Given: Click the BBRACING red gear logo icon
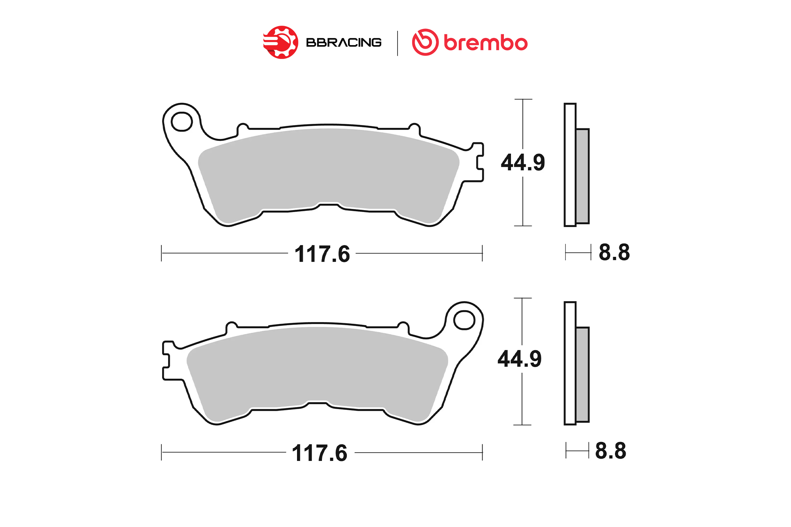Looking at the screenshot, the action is [x=280, y=42].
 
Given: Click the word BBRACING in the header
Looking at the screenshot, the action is [x=344, y=42].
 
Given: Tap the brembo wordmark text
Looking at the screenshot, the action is [x=486, y=43].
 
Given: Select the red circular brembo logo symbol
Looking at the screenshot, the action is [x=425, y=42].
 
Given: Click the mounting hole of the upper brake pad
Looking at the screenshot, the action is [x=182, y=121].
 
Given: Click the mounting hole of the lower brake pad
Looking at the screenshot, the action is [x=464, y=320].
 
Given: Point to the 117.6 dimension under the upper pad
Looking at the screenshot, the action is [x=322, y=254].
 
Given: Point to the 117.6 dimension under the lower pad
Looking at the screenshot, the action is [x=320, y=453].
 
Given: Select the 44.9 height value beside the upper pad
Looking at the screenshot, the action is [x=523, y=162].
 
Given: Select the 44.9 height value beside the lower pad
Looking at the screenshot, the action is [x=520, y=359].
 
